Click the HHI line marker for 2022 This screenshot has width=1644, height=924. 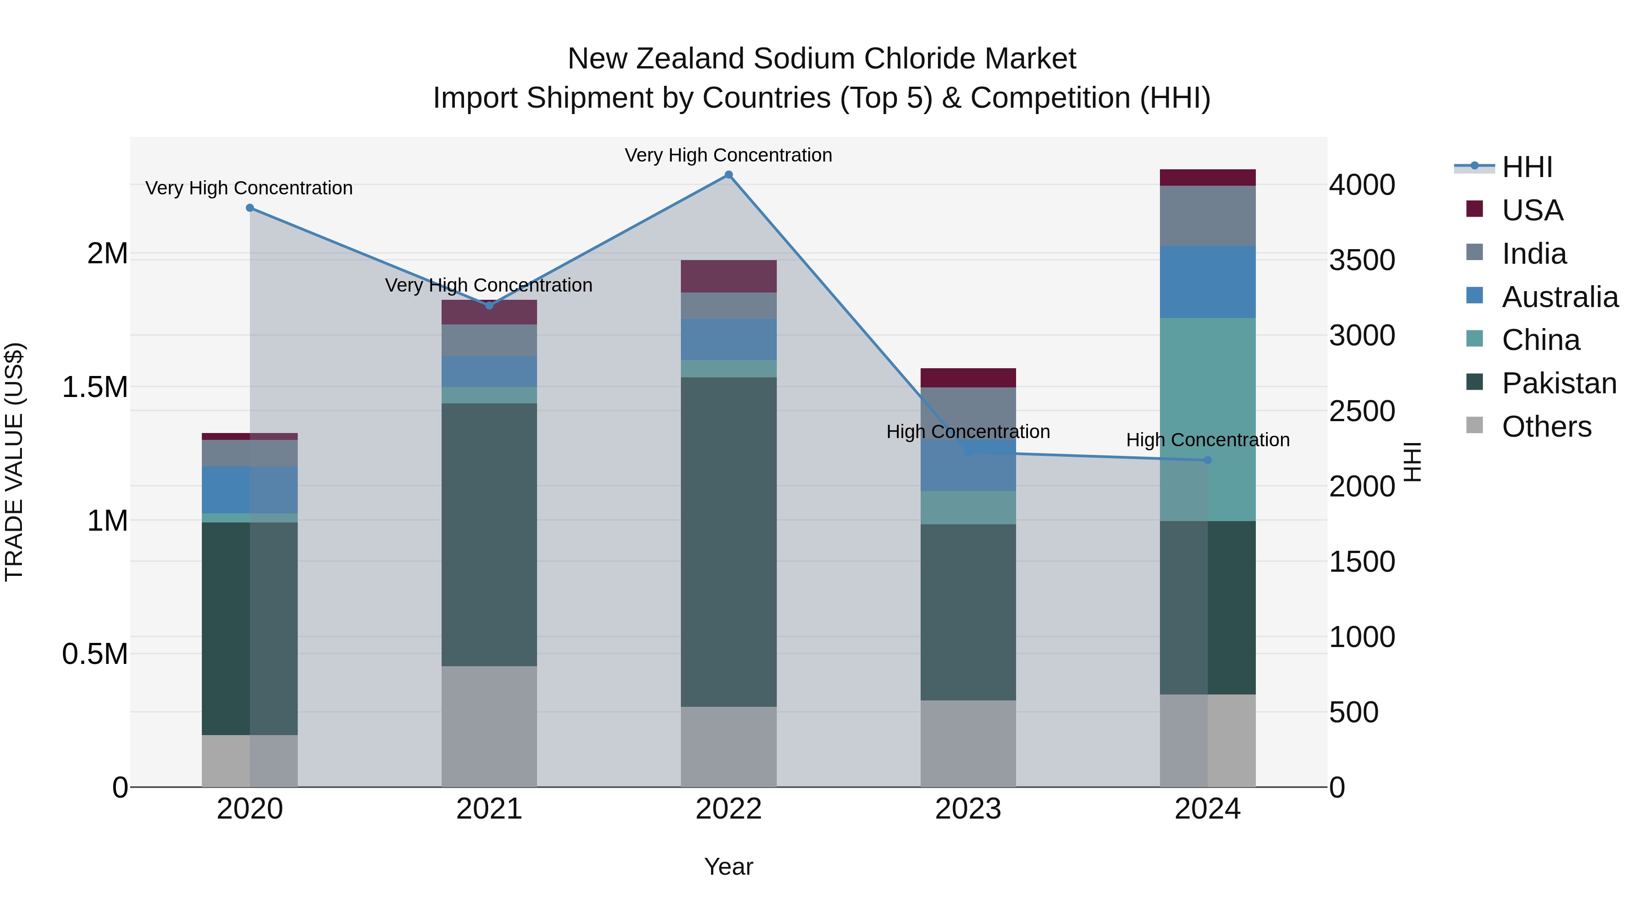(x=728, y=175)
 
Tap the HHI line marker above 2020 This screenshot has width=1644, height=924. (x=249, y=208)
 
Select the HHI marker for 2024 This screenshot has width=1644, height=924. (x=1207, y=460)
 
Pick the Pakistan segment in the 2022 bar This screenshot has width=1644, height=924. (x=728, y=542)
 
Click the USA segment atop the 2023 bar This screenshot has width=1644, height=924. (x=968, y=377)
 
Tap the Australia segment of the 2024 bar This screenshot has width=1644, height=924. (x=1207, y=282)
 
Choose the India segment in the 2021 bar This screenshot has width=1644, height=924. (x=489, y=340)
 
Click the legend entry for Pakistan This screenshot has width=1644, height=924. (x=1559, y=383)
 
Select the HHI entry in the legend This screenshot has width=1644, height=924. (x=1527, y=167)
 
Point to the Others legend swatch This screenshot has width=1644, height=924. (x=1474, y=425)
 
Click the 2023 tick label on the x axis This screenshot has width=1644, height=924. (x=968, y=809)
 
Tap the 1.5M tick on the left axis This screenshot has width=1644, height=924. (x=95, y=387)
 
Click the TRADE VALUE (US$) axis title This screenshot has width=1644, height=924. (x=14, y=462)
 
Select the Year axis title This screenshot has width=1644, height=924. (x=728, y=867)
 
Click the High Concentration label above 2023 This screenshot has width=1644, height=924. (x=968, y=432)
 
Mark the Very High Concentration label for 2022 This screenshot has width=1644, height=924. (x=728, y=155)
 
